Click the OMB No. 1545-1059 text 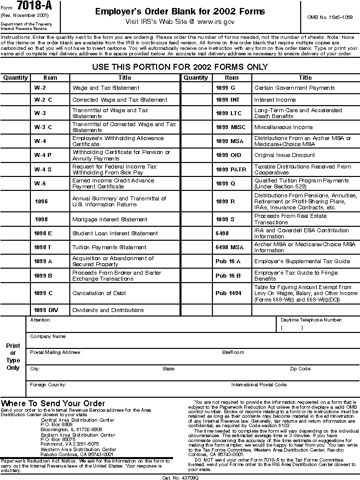[x=330, y=17]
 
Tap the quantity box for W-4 [x=15, y=141]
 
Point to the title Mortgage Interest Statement [x=110, y=219]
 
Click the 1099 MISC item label [x=230, y=127]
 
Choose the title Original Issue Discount [x=284, y=155]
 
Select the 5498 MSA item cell [x=229, y=247]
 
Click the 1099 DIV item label [x=46, y=310]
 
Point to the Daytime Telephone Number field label [x=311, y=320]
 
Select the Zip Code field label [x=301, y=369]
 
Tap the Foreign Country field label [x=48, y=385]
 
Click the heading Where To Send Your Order [x=53, y=403]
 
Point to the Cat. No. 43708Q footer [x=180, y=477]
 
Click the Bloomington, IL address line [x=71, y=429]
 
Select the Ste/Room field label [x=233, y=352]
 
